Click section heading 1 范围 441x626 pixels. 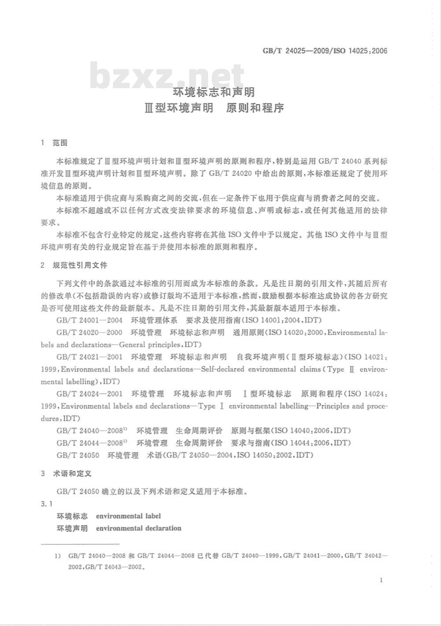pos(54,143)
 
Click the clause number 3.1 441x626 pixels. pos(46,503)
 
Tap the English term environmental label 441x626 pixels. pos(128,516)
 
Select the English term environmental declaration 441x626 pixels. pos(138,528)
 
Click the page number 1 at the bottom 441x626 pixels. pos(381,580)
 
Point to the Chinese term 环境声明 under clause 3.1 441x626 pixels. pos(72,528)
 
